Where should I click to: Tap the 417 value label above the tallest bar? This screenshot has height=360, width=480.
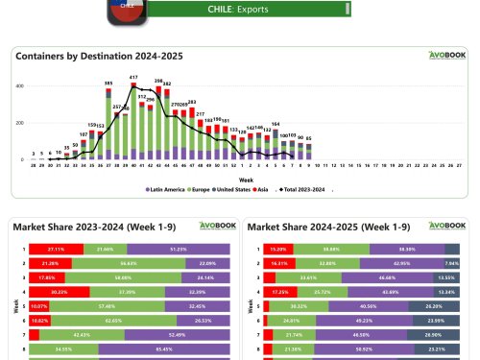(x=133, y=78)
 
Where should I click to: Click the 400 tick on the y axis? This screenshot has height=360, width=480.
(x=19, y=87)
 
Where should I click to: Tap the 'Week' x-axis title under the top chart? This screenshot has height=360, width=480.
(x=246, y=180)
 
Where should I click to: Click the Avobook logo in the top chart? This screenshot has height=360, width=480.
(x=441, y=56)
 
